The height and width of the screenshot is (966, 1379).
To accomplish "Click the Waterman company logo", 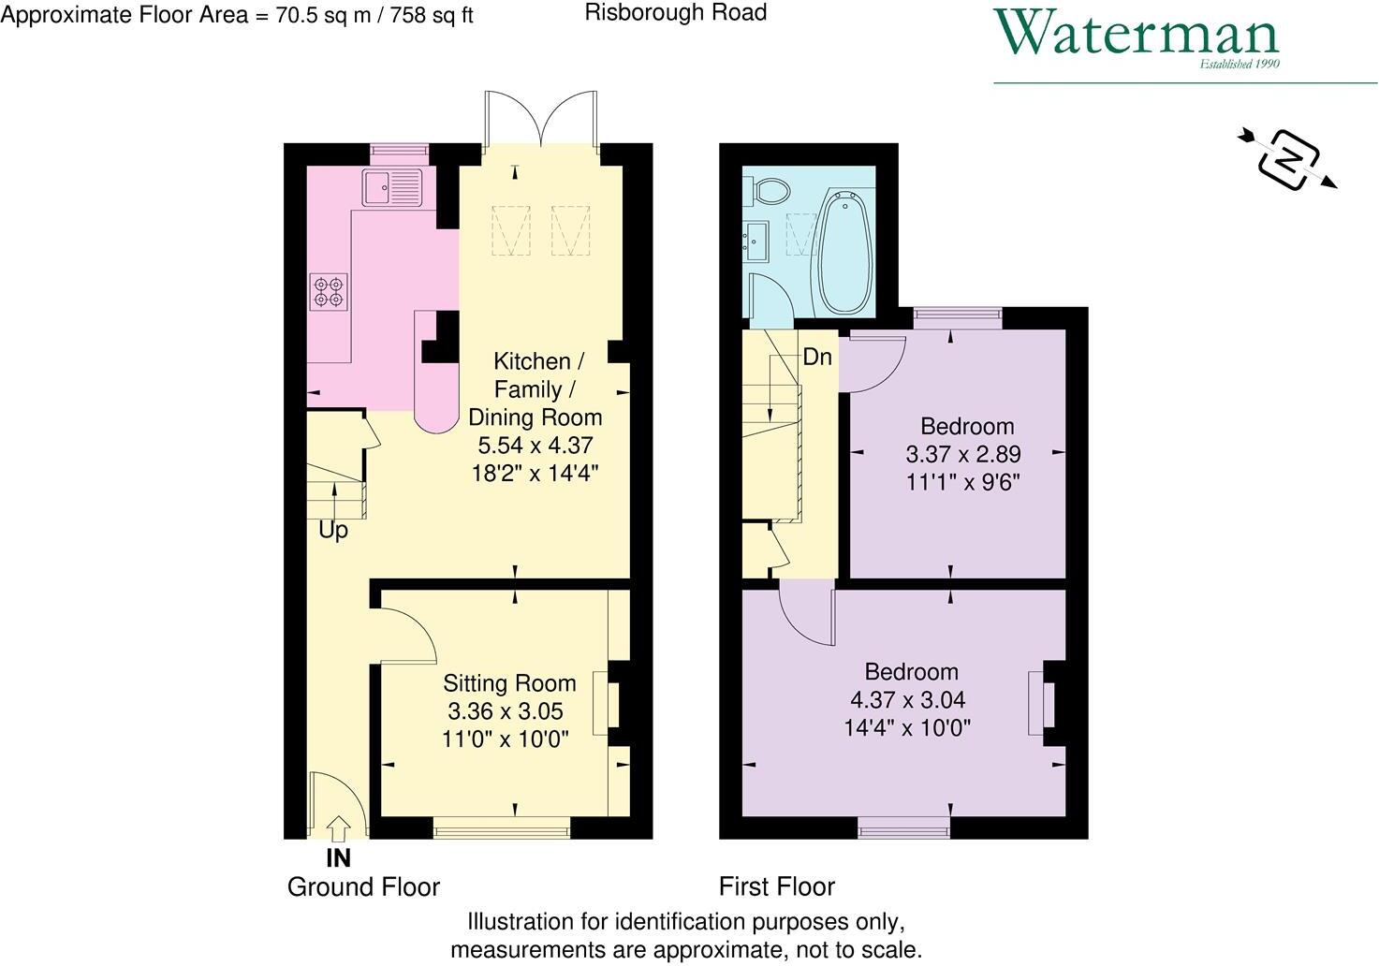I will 1137,37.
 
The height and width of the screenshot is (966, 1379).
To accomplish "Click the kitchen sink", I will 393,188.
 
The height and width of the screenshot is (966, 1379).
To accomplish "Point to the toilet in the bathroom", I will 771,191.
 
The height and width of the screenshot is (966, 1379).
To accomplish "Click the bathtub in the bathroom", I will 845,253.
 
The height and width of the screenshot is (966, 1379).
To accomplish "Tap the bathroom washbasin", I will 756,240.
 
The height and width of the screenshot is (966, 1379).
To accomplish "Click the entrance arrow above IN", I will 339,828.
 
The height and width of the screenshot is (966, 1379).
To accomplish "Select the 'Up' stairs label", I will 333,530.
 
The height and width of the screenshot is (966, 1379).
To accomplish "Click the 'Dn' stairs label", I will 817,357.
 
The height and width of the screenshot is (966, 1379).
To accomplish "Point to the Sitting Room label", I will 509,683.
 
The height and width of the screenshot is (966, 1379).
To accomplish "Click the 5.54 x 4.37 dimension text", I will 535,446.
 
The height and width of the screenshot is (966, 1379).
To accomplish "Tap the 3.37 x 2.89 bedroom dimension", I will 962,455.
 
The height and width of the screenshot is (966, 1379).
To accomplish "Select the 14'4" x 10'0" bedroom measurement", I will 907,727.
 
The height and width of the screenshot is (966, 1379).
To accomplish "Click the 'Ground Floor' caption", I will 363,887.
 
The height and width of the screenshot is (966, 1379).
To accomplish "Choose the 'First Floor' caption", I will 776,886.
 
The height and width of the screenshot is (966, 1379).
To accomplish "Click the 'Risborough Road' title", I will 675,12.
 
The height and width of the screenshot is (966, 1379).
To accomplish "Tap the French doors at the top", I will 542,120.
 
